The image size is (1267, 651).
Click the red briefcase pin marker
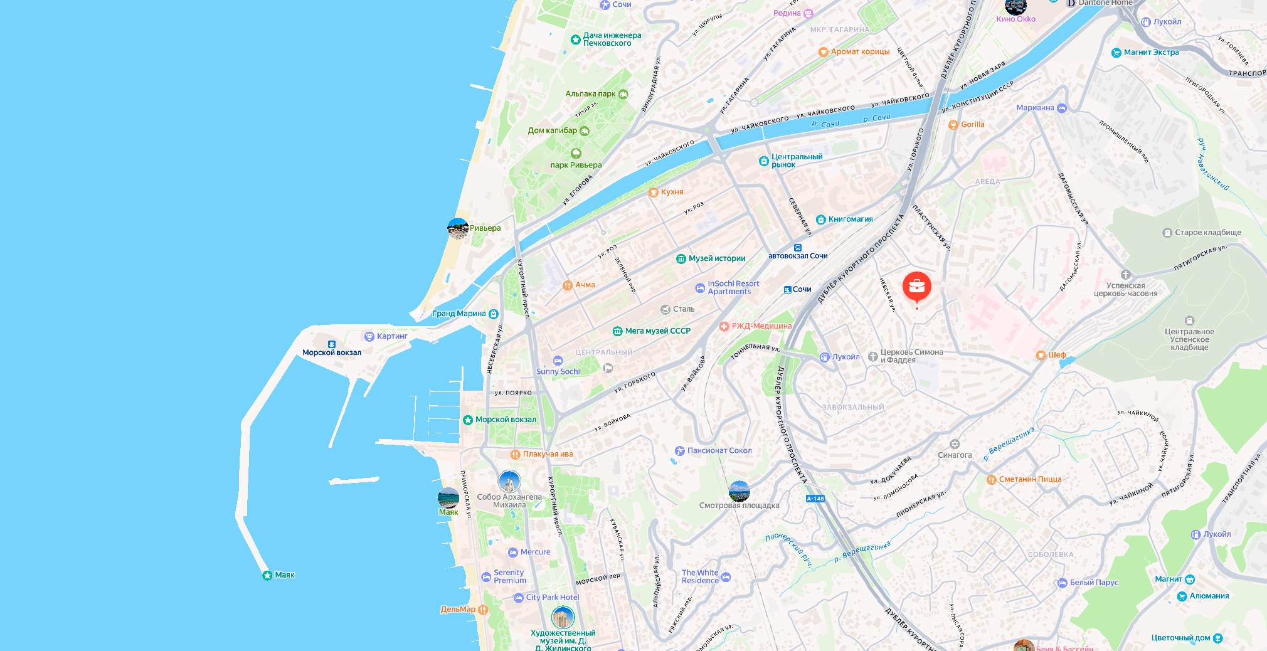click(916, 286)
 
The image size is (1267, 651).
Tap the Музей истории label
click(716, 258)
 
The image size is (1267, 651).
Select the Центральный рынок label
click(796, 161)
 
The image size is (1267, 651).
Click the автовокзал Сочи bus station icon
click(798, 248)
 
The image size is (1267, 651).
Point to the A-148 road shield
click(815, 499)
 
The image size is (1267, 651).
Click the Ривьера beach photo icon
click(457, 228)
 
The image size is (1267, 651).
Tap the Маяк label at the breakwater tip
click(284, 575)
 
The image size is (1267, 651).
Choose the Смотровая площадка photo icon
click(740, 491)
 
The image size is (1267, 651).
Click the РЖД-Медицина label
click(761, 326)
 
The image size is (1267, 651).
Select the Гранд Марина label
click(459, 314)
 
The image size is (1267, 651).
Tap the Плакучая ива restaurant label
click(548, 454)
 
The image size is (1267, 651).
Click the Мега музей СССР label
click(657, 331)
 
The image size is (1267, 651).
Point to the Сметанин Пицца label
click(1030, 479)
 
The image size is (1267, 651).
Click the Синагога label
click(955, 455)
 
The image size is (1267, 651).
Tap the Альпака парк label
click(590, 94)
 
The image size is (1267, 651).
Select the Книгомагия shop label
click(850, 220)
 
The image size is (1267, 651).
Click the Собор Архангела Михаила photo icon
click(509, 482)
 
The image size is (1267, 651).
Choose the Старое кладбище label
click(1207, 233)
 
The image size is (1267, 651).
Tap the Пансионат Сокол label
click(719, 450)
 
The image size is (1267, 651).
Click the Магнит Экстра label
click(1151, 53)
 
